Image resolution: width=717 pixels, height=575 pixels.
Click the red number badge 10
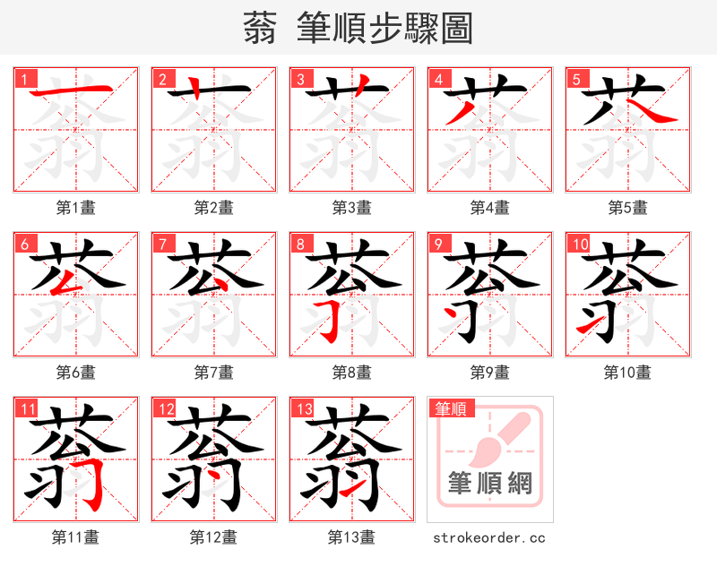point(579,244)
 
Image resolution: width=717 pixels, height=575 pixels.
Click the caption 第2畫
point(213,208)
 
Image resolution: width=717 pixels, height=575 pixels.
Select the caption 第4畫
point(489,208)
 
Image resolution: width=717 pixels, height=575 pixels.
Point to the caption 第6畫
point(75,372)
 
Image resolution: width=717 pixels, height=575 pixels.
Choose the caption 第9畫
point(489,372)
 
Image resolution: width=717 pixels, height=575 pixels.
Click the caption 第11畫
point(75,537)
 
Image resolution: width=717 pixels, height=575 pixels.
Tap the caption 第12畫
point(213,537)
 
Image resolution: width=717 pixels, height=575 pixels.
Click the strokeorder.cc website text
point(489,537)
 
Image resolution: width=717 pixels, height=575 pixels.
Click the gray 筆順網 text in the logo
point(490,484)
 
